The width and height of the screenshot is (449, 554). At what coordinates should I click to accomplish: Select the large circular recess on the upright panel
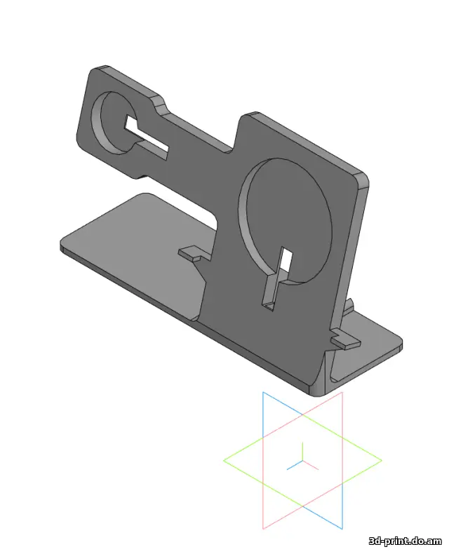(286, 221)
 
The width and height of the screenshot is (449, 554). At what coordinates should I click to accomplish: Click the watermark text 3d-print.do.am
(406, 541)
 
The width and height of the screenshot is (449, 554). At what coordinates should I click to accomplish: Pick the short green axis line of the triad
(303, 452)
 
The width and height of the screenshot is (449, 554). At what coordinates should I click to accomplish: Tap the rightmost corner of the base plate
(401, 344)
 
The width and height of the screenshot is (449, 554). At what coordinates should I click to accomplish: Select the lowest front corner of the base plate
(309, 391)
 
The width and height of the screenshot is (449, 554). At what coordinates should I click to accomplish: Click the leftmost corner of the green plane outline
(224, 461)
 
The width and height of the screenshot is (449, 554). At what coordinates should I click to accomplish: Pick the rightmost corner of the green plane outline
(382, 461)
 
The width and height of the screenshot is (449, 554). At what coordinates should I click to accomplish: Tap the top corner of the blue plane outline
(264, 393)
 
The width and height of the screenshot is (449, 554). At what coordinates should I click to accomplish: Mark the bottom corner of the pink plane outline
(264, 528)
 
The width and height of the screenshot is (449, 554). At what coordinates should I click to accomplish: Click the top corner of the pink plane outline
(342, 393)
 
